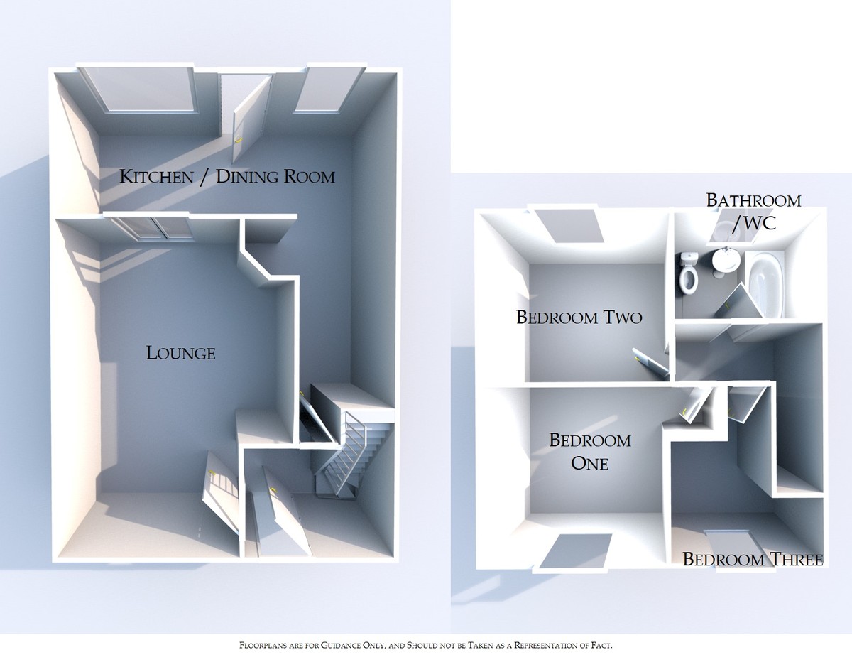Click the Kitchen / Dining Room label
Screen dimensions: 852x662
tap(226, 176)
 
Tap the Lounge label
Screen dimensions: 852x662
tap(180, 352)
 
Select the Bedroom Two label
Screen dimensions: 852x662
tap(579, 317)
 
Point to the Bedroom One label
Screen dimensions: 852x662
tap(589, 452)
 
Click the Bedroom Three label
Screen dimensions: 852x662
tap(753, 560)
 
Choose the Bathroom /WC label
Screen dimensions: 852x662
tap(753, 211)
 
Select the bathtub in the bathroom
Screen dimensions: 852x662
tap(763, 285)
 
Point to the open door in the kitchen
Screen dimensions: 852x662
tap(250, 117)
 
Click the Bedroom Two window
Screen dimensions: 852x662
tap(573, 226)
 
